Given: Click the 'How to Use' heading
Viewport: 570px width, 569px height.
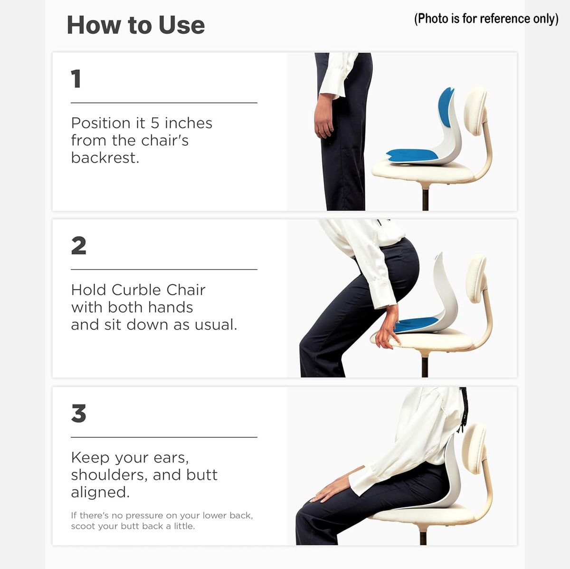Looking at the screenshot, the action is (136, 25).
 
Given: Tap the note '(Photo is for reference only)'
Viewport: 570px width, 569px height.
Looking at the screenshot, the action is (486, 19).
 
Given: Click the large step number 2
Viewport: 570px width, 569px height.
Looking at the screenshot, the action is (79, 245).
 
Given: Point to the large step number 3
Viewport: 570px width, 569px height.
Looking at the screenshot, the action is (79, 413).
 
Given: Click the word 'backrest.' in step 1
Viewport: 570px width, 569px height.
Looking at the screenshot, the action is (105, 157).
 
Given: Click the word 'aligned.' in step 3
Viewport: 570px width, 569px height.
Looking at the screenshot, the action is (100, 493).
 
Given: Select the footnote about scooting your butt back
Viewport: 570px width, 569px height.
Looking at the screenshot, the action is (162, 521).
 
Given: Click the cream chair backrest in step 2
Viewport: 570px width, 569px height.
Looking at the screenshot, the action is (476, 278).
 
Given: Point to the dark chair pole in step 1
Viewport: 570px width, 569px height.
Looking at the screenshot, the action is (425, 200).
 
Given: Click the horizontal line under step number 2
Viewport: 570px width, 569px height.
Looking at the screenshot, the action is (164, 270).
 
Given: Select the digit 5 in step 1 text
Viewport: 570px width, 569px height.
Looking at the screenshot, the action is (155, 123).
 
